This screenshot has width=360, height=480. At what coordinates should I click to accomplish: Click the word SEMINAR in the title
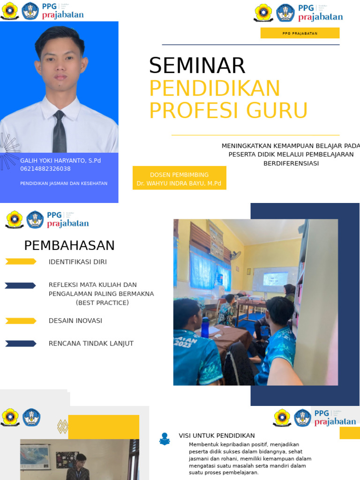click(197, 66)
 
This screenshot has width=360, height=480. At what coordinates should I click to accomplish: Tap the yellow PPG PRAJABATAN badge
click(300, 33)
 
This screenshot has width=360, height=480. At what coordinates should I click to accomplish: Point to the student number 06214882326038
click(45, 169)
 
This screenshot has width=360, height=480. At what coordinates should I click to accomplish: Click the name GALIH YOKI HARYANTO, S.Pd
click(60, 160)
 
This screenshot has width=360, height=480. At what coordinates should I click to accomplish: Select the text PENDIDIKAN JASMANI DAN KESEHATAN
click(64, 183)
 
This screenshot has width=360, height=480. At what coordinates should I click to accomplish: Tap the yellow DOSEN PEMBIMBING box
click(179, 178)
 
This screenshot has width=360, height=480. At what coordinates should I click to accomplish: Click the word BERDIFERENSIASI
click(291, 163)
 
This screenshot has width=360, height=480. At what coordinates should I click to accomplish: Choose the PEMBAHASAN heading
click(69, 246)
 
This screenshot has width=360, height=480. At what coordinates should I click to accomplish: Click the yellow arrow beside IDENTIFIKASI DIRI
click(21, 262)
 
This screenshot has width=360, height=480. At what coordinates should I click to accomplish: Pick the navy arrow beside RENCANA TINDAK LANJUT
click(21, 344)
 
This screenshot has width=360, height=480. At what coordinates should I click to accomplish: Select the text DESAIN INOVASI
click(75, 321)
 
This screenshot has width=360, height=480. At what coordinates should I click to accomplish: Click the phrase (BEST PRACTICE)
click(102, 303)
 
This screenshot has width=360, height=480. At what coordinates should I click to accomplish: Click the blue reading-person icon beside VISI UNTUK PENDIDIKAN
click(165, 439)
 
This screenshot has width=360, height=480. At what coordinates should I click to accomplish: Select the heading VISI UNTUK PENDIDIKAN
click(217, 435)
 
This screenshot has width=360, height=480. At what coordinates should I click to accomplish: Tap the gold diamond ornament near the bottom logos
click(62, 427)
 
